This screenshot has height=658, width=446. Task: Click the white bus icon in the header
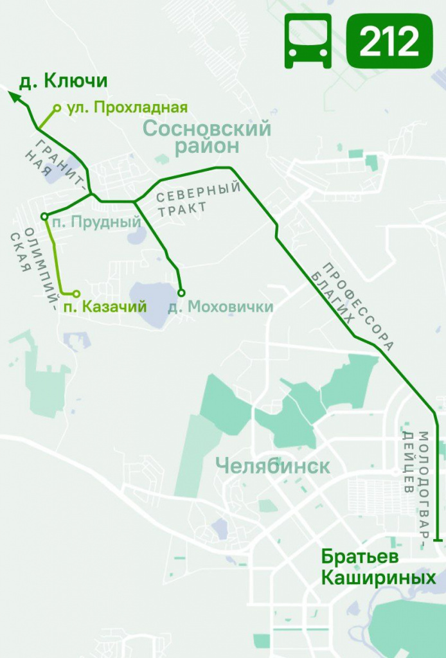pos(308,41)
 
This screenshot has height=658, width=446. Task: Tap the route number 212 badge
pos(390,42)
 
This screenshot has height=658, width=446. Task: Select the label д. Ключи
pos(63,82)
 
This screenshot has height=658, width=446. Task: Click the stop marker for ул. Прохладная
pos(57,108)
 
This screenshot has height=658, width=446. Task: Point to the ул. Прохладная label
pos(127,107)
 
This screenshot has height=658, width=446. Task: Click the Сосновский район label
pos(207,137)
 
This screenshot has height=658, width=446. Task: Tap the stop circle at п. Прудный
pos(44,217)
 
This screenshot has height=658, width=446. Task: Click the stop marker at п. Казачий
pos(76,294)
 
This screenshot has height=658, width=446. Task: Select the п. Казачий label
pos(105,307)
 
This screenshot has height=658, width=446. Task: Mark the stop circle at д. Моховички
pos(181,293)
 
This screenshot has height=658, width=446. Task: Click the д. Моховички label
pos(220,307)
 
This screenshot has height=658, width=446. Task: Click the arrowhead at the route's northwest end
pos(14,96)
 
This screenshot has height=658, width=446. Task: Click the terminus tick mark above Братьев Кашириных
pos(438,540)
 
